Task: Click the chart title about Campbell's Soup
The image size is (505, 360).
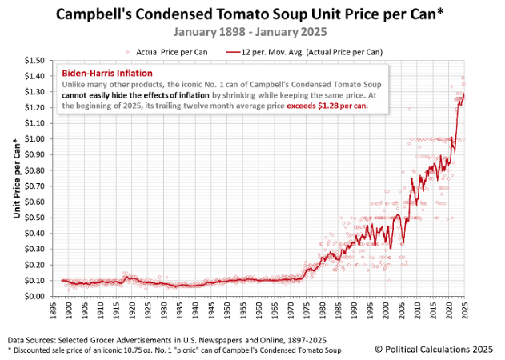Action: coord(252,14)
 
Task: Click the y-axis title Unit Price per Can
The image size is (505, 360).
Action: coord(17,178)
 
